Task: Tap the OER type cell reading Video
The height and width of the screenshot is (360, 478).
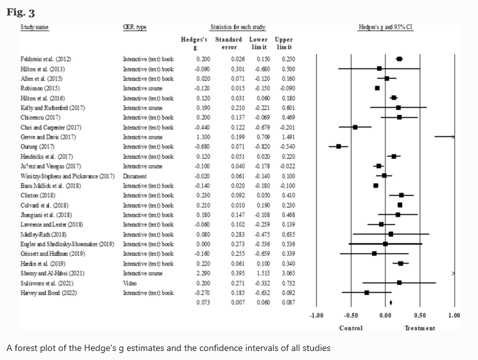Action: (x=130, y=283)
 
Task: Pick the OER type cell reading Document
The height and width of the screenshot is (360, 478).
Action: (x=136, y=175)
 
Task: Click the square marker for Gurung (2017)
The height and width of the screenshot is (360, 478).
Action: (x=339, y=147)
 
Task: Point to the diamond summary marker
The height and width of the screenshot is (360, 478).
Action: (x=391, y=302)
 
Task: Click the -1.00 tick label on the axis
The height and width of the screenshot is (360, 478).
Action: (x=316, y=316)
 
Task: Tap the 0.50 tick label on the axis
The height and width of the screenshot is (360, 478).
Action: (x=420, y=316)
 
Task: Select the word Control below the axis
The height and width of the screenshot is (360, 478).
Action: (x=351, y=328)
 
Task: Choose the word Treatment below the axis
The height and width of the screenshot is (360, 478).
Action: (x=419, y=328)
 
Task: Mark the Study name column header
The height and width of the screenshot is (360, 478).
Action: (x=35, y=27)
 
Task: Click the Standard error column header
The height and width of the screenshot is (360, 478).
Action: (x=229, y=43)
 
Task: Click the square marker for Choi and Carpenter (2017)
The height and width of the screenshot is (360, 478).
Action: (x=355, y=127)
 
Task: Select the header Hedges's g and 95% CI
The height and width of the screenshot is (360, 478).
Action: (x=385, y=27)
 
